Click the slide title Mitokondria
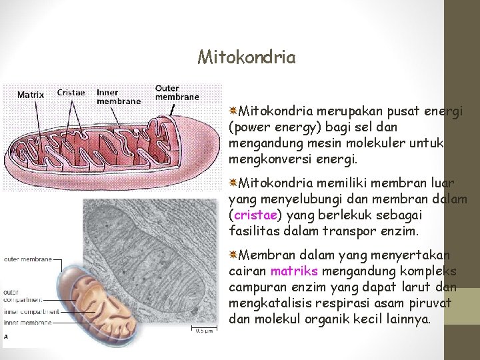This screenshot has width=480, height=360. (x=247, y=57)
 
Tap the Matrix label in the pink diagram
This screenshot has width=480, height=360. (x=31, y=95)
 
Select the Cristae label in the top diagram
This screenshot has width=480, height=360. (x=71, y=93)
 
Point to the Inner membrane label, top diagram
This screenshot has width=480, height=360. (x=118, y=97)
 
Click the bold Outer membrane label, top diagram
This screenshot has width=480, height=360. (x=177, y=92)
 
